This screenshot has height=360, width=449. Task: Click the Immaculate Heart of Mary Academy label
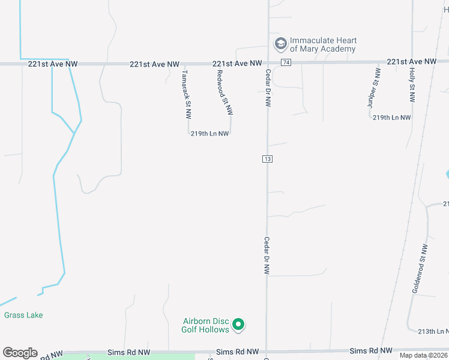tap(323, 44)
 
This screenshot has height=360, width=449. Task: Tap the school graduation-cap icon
tap(280, 43)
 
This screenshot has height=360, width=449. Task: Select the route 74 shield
tap(286, 63)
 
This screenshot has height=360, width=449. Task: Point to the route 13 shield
tap(268, 159)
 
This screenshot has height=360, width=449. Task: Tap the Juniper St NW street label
tap(374, 88)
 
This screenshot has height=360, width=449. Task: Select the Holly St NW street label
tap(412, 86)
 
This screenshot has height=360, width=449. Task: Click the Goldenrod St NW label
tap(420, 268)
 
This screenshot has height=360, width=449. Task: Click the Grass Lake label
tap(23, 315)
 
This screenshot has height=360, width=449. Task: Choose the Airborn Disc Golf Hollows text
tap(206, 325)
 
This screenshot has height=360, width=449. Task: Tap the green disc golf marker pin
tap(238, 325)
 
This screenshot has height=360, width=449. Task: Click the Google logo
tap(20, 353)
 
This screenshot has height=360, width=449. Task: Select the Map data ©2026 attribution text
tap(424, 356)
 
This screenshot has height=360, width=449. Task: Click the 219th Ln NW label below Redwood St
tap(209, 134)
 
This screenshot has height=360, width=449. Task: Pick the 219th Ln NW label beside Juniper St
tap(391, 118)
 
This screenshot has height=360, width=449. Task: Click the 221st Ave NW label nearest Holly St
tap(411, 62)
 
